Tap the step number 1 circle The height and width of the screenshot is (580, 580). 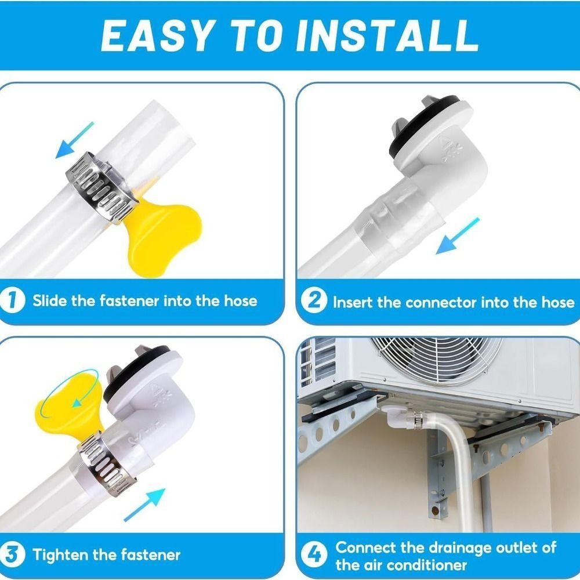tap(13, 300)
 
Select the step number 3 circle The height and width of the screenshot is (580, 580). tap(13, 554)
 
